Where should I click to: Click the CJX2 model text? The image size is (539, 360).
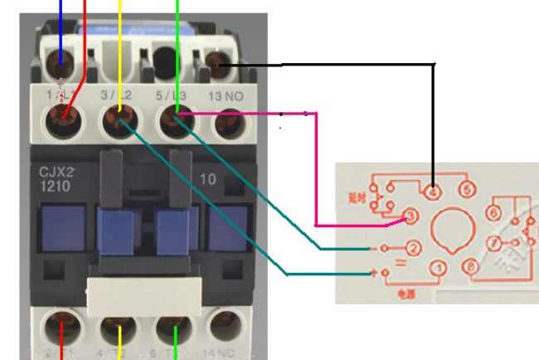(x=57, y=173)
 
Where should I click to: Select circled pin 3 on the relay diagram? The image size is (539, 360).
(x=408, y=217)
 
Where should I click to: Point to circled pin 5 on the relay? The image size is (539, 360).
(x=467, y=191)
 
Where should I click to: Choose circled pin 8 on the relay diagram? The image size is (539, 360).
(x=471, y=267)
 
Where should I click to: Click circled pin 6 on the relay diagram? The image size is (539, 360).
(x=493, y=213)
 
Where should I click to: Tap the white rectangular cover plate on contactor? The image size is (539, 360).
(x=144, y=293)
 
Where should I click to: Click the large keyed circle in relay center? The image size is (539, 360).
(x=453, y=228)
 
